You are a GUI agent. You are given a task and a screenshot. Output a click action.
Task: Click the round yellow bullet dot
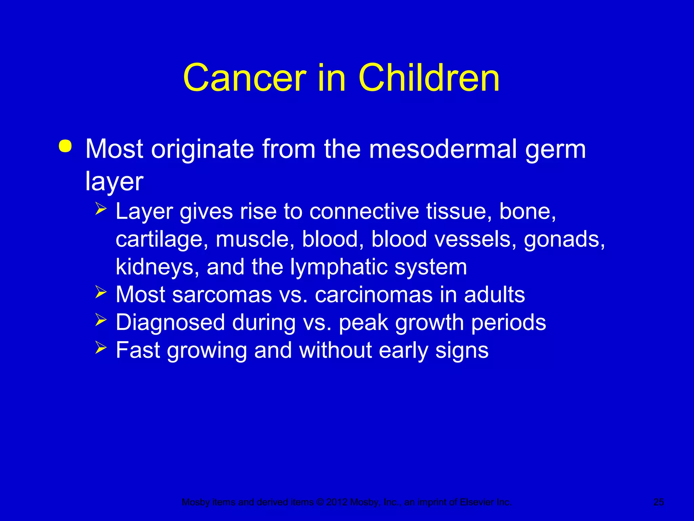click(x=65, y=146)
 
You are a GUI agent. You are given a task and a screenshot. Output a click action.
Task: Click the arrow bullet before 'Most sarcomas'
click(x=101, y=292)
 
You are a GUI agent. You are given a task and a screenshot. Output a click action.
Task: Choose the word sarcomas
click(x=222, y=294)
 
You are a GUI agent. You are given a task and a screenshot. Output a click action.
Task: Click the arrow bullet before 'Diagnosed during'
click(x=101, y=320)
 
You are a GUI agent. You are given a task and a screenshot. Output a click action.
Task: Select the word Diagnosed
click(x=170, y=323)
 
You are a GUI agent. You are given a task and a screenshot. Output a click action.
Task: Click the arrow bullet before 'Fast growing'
click(x=101, y=347)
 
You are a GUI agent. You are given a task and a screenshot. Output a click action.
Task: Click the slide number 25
click(x=658, y=502)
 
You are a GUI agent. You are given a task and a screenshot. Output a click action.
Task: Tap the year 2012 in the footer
click(x=337, y=502)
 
